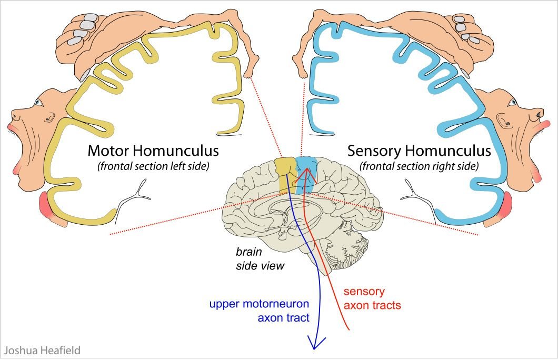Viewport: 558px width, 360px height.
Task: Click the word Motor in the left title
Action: pyautogui.click(x=108, y=151)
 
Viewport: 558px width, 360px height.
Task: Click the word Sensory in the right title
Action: pyautogui.click(x=374, y=151)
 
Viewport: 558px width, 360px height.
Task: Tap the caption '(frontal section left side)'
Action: pyautogui.click(x=153, y=166)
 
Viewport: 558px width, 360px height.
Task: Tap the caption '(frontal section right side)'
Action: pyautogui.click(x=419, y=166)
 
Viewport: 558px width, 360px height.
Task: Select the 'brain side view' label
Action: pyautogui.click(x=260, y=258)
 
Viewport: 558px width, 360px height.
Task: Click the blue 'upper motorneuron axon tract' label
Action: pyautogui.click(x=259, y=311)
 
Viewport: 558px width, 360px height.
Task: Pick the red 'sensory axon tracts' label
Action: pyautogui.click(x=372, y=298)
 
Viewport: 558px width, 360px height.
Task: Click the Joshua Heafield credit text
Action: pyautogui.click(x=42, y=351)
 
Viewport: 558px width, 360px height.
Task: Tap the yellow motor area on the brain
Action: pyautogui.click(x=285, y=174)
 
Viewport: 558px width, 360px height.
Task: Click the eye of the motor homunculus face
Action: pyautogui.click(x=38, y=103)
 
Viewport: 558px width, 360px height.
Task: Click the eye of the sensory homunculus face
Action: pyautogui.click(x=512, y=103)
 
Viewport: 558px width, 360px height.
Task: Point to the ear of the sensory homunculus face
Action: pyautogui.click(x=504, y=121)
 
